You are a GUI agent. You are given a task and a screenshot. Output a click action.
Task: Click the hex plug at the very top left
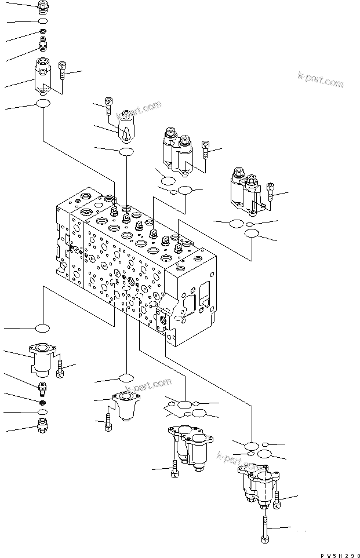pos(43,7)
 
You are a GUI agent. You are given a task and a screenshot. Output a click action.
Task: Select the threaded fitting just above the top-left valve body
pos(43,44)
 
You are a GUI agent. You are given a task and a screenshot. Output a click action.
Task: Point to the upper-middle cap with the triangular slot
pos(126,129)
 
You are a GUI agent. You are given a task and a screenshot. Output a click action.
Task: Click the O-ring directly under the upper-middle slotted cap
pos(126,152)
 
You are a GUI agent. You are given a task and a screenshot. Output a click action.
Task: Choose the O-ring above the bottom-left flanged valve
pos(43,329)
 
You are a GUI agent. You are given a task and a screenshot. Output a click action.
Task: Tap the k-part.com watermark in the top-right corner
pos(320,80)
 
